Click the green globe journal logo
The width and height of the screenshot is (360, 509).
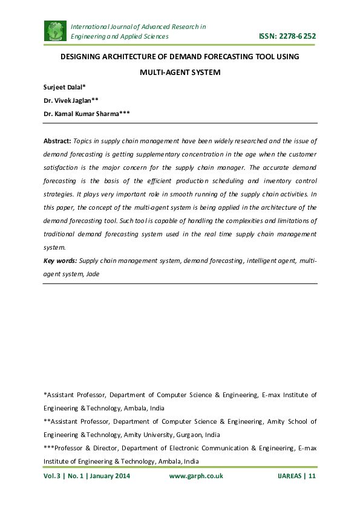(x=55, y=31)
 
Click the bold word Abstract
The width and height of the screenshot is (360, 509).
(x=57, y=141)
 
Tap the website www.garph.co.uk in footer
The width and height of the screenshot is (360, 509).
(x=196, y=476)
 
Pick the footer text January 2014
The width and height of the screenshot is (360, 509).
(x=110, y=476)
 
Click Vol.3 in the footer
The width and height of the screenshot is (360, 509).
(x=52, y=476)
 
